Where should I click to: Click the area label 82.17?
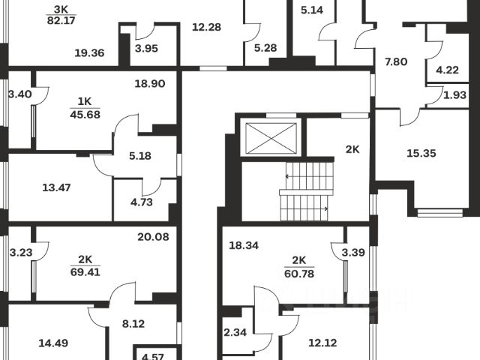pyautogui.click(x=60, y=22)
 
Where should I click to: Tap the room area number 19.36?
pyautogui.click(x=89, y=52)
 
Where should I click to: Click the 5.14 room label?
pyautogui.click(x=312, y=11)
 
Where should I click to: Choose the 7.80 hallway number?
pyautogui.click(x=394, y=61)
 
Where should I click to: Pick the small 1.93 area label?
pyautogui.click(x=455, y=94)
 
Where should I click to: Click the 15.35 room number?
pyautogui.click(x=421, y=153)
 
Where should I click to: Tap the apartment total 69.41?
pyautogui.click(x=85, y=273)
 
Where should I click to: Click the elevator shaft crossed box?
pyautogui.click(x=269, y=139)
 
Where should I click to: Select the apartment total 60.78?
pyautogui.click(x=299, y=273)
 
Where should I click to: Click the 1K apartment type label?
pyautogui.click(x=85, y=102)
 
